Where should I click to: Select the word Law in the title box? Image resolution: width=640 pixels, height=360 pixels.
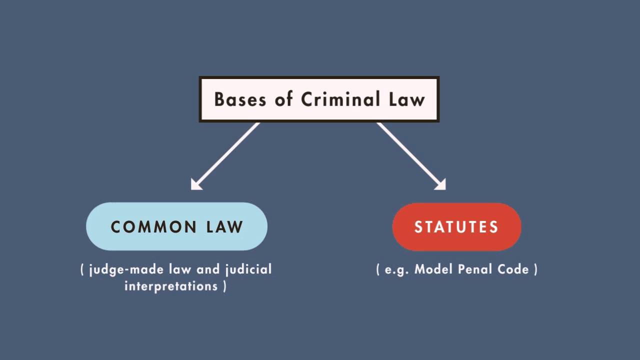(x=407, y=99)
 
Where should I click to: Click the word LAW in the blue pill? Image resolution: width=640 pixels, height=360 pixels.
(x=225, y=227)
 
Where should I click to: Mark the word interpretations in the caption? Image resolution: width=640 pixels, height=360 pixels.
(x=171, y=286)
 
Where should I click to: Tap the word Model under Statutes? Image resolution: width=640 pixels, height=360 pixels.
(x=433, y=269)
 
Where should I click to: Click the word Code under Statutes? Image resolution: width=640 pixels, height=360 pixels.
(x=513, y=269)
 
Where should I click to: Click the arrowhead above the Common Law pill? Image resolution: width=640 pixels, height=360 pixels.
(x=195, y=185)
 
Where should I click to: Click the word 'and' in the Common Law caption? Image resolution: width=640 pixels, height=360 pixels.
(x=208, y=269)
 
